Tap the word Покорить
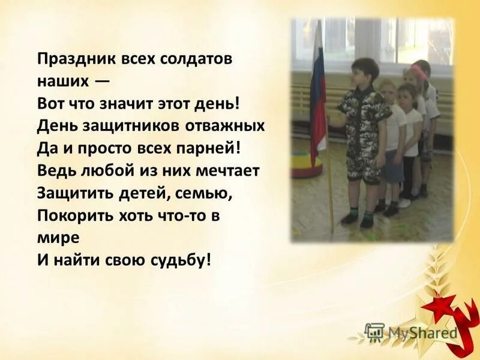[70, 215]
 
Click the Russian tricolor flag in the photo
[317, 90]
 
